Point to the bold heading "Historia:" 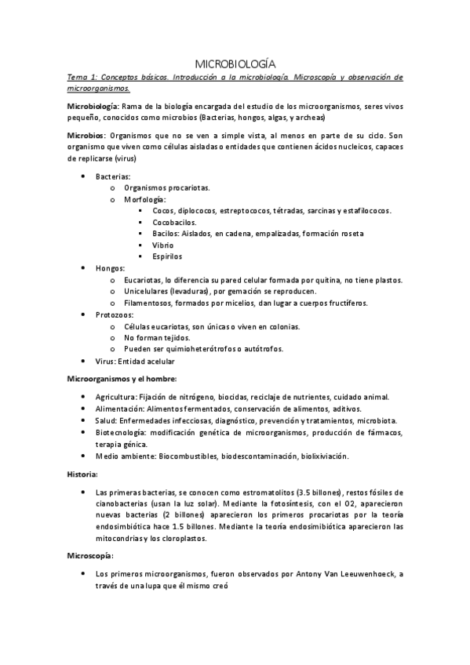[82, 474]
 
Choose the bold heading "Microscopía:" [90, 555]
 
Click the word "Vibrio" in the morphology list [163, 245]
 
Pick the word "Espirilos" [168, 256]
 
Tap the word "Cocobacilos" [175, 222]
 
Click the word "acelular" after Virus [158, 361]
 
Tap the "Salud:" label [107, 420]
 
